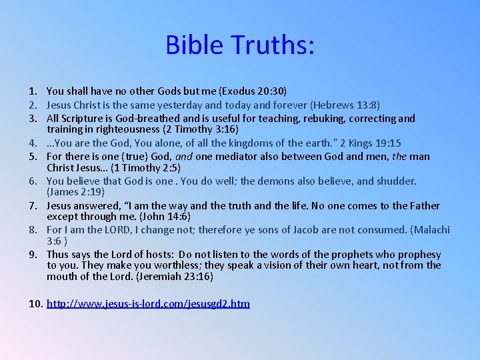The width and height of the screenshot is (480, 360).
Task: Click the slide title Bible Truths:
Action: (240, 45)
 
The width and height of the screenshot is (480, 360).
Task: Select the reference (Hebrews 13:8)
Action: (341, 105)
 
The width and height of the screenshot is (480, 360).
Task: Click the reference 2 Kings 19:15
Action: (379, 143)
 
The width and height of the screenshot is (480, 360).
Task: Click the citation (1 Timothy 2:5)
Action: (145, 167)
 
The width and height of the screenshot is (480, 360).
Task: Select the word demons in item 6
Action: (321, 181)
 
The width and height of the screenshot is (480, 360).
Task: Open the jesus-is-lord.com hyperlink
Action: (148, 304)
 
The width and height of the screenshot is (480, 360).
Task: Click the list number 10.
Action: (36, 304)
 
